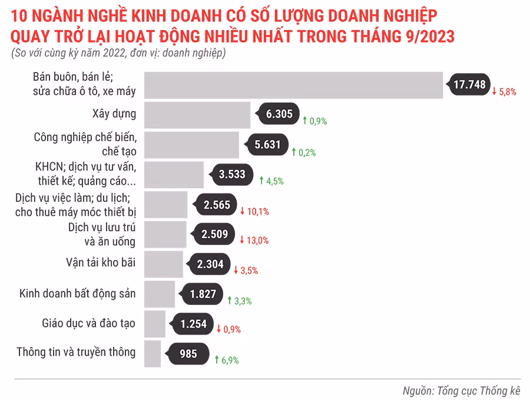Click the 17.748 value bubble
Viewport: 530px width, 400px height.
click(469, 85)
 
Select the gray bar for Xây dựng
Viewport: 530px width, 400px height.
click(197, 114)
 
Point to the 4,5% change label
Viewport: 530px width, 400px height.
click(271, 181)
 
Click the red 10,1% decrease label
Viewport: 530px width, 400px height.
click(254, 211)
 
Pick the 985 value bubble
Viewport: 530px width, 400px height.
click(188, 354)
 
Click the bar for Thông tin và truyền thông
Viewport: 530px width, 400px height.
click(152, 353)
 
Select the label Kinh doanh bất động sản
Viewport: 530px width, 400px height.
click(77, 293)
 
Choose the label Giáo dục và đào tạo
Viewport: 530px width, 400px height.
click(88, 323)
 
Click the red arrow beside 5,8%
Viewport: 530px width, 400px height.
click(495, 91)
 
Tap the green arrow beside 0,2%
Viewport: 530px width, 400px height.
click(294, 152)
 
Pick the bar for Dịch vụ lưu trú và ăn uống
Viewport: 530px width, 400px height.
click(165, 234)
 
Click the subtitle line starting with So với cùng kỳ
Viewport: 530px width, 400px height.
click(118, 53)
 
